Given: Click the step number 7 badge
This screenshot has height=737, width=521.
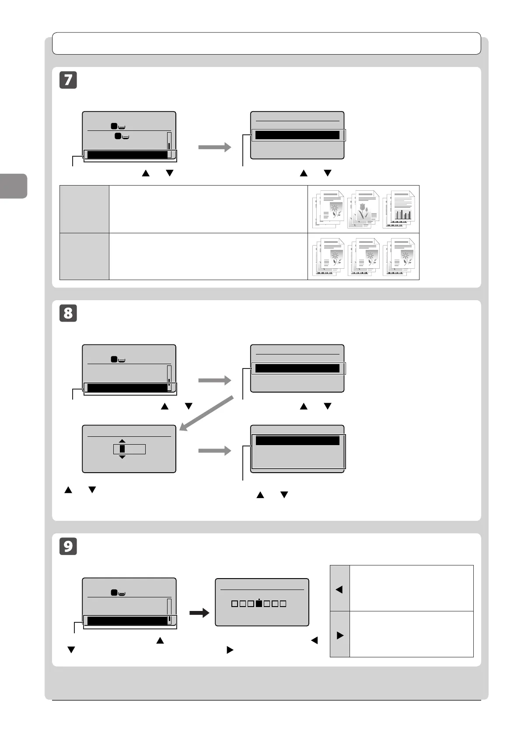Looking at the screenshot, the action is [68, 81].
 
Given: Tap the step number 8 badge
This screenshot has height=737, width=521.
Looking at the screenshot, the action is [68, 314].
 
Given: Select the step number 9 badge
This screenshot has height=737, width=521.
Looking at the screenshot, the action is [68, 547].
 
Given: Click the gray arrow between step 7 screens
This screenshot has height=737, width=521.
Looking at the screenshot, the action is [214, 147].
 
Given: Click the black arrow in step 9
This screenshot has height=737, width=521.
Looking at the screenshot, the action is [199, 614].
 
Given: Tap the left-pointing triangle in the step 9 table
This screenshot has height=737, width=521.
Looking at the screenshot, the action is [339, 590].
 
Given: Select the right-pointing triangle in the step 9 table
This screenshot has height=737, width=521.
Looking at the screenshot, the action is [340, 635].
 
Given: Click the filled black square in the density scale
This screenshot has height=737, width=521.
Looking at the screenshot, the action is [259, 604].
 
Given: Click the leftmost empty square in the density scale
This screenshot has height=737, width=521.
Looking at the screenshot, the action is [234, 604].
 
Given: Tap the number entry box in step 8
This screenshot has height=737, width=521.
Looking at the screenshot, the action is [129, 449].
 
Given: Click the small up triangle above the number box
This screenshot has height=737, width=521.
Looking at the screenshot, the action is [122, 441].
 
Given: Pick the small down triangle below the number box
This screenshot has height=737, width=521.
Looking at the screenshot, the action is [122, 457].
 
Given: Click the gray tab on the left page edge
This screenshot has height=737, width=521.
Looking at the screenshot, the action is [13, 186].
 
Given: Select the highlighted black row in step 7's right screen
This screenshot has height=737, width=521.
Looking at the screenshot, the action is [297, 135].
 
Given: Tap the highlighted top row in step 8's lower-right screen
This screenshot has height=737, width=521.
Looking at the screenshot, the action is [297, 441].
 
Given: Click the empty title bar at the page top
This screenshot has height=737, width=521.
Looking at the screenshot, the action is [266, 43].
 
